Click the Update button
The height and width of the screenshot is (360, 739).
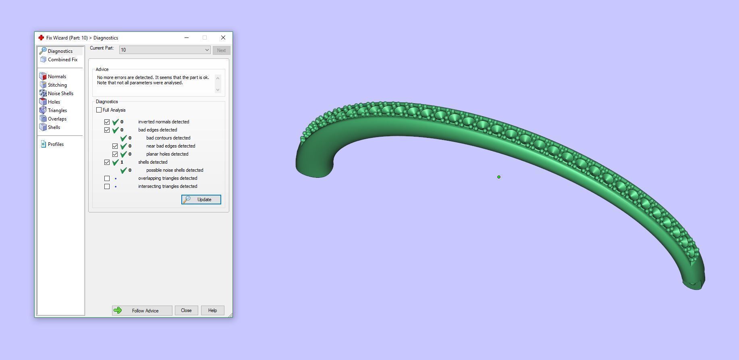[201, 200]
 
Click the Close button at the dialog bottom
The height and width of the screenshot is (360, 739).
[186, 310]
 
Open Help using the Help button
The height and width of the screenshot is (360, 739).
[212, 310]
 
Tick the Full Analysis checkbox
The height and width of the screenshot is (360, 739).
[99, 110]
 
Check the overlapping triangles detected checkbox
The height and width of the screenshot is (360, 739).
[107, 178]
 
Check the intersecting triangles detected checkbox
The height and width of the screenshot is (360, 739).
[107, 186]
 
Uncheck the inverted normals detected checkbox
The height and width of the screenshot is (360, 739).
[107, 122]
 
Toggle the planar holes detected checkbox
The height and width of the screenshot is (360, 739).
[115, 154]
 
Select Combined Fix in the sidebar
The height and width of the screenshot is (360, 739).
[62, 60]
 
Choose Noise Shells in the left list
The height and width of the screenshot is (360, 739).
[60, 94]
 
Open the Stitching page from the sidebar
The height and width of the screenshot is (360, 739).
[57, 85]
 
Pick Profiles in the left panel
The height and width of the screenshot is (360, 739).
[56, 144]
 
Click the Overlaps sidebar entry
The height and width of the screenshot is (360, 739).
[57, 119]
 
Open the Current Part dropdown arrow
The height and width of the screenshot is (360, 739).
[207, 50]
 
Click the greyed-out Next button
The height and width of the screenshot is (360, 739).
[221, 50]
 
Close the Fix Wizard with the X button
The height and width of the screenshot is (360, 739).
[223, 37]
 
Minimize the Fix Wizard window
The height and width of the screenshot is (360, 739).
[187, 37]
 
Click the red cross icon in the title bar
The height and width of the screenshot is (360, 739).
[41, 37]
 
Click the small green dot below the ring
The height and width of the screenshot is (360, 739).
[499, 177]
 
